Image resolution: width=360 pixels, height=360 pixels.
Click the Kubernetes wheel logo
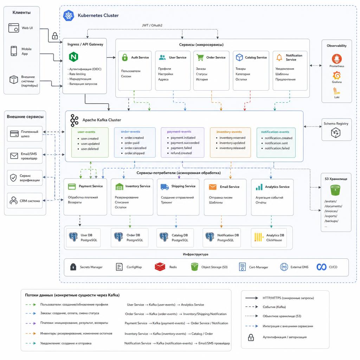(x=69, y=15)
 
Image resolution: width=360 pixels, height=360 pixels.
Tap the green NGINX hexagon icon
(x=73, y=57)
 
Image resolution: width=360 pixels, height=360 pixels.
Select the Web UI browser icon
(x=14, y=28)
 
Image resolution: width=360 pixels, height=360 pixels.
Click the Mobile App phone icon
(x=14, y=51)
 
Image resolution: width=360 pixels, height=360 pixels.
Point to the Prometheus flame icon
(x=336, y=59)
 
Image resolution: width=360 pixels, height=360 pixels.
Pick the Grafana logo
(x=336, y=75)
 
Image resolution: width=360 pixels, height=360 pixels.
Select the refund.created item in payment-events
(x=181, y=153)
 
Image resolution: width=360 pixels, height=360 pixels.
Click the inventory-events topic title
(x=229, y=132)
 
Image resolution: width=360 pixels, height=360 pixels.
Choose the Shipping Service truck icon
(x=165, y=187)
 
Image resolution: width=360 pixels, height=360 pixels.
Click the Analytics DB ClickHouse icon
(x=259, y=237)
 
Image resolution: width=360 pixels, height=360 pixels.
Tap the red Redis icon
(x=160, y=267)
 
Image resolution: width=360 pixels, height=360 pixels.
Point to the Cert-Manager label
(x=258, y=267)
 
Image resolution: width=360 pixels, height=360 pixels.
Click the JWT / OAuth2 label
(x=152, y=25)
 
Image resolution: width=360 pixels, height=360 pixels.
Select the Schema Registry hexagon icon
(x=336, y=133)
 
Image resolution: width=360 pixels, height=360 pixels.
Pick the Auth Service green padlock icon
(x=125, y=57)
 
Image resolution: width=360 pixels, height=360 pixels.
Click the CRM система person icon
(x=14, y=200)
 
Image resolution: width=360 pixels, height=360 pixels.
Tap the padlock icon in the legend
(x=251, y=337)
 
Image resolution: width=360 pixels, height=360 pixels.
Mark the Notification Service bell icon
(x=279, y=57)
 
